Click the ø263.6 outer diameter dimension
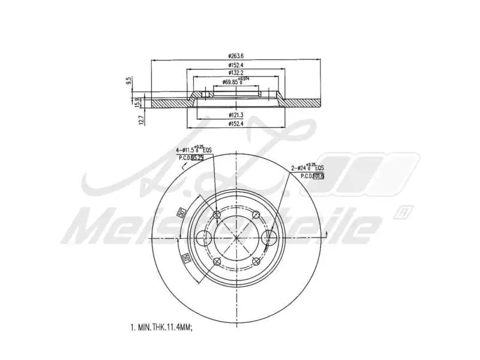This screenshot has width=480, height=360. tap(235, 56)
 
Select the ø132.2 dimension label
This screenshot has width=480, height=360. tap(235, 73)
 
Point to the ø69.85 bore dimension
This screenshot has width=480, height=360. tap(232, 81)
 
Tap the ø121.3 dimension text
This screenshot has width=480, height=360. tap(235, 114)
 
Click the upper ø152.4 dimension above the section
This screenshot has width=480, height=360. tap(235, 65)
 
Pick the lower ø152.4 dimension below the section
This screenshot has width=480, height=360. tap(235, 124)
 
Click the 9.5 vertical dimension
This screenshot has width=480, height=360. tap(128, 81)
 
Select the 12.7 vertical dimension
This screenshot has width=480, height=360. tap(142, 119)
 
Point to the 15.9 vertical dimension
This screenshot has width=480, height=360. tap(137, 102)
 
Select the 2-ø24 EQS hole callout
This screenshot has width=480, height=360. tap(308, 167)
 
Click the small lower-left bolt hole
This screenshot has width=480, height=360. tap(218, 260)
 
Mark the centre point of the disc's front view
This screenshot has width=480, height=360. tap(237, 238)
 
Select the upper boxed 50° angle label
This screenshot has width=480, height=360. tap(179, 212)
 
